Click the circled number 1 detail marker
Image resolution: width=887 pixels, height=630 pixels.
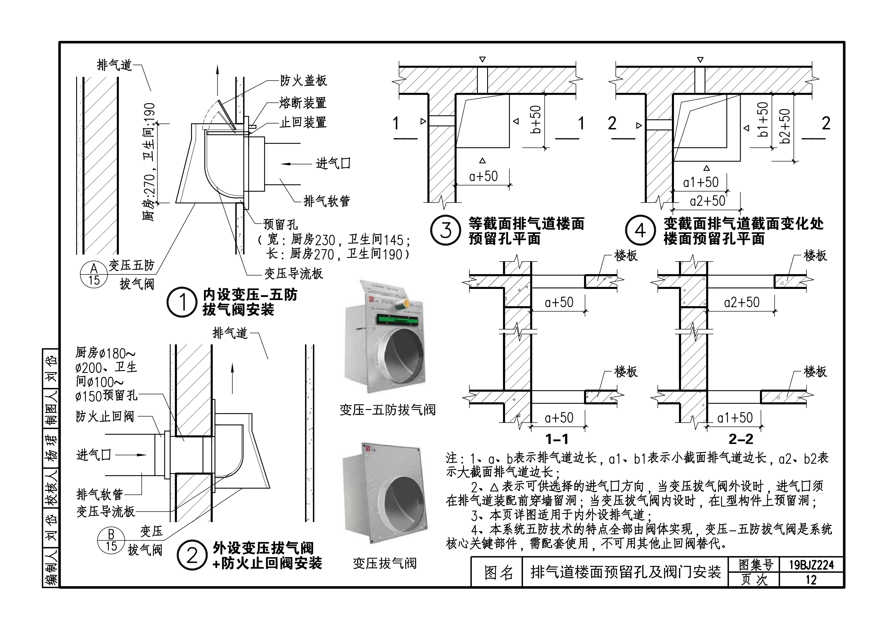(x=182, y=302)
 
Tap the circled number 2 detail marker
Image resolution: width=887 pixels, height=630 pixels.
(x=192, y=555)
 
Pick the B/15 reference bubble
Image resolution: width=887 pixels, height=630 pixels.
(x=111, y=540)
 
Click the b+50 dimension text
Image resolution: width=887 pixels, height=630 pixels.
(x=536, y=120)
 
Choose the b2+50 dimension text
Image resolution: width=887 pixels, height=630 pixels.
(x=785, y=126)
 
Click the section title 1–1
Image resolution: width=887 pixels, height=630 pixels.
(x=557, y=439)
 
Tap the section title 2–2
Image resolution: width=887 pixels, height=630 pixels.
(x=740, y=439)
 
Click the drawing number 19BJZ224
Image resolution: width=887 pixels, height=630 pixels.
(x=811, y=565)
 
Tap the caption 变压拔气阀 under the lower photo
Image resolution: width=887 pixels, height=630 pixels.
(x=385, y=563)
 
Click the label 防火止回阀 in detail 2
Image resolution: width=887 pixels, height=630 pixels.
(x=105, y=417)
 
